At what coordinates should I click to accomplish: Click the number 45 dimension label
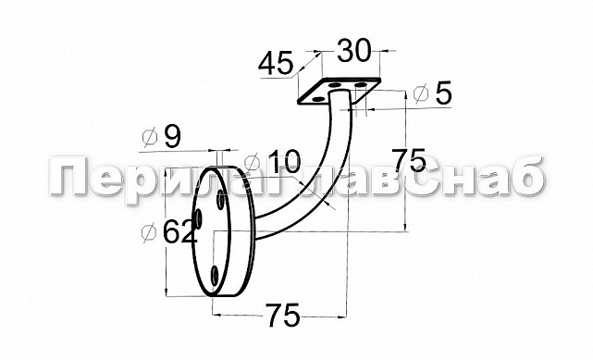click(276, 63)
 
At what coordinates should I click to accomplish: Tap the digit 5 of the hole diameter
click(444, 93)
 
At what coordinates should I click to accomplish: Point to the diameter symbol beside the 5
click(421, 93)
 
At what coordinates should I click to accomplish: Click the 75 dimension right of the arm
click(409, 160)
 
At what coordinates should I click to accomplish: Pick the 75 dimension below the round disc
click(284, 315)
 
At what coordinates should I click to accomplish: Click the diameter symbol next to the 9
click(149, 138)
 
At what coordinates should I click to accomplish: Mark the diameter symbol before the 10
click(252, 162)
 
